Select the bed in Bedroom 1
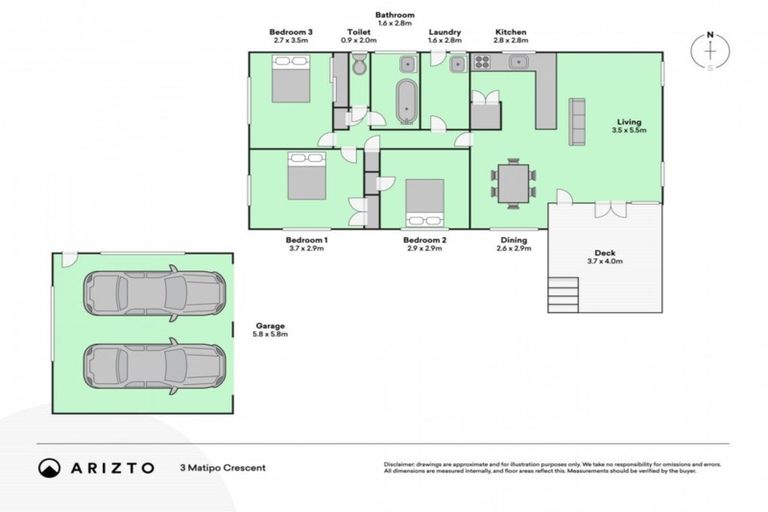tap(307, 177)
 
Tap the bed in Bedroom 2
tap(425, 203)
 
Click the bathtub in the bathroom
tap(406, 101)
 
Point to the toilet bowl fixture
tap(359, 67)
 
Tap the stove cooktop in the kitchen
tap(481, 63)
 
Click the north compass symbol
tap(710, 52)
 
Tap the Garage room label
tap(269, 326)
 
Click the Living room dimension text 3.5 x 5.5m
tap(630, 130)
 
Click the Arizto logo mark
tap(48, 468)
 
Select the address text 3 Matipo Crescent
tap(223, 467)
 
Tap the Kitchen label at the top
tap(510, 32)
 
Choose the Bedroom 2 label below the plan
tap(424, 240)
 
